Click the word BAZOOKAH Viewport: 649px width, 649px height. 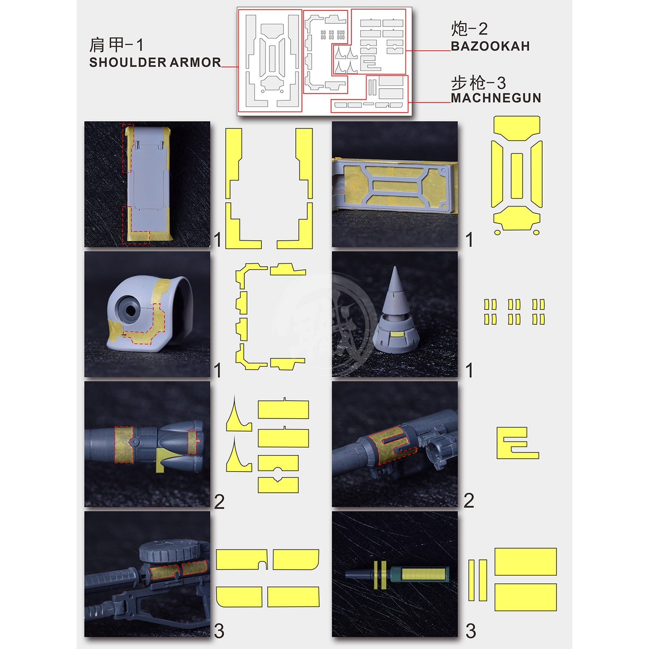tap(490, 46)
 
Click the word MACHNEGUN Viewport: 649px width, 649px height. tap(496, 98)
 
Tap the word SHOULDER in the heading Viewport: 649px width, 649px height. tap(128, 62)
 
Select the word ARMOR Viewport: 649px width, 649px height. tap(195, 62)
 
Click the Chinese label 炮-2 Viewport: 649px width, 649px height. tap(469, 29)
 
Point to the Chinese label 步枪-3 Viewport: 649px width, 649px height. tap(478, 83)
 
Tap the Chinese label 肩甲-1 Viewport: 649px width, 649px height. tap(116, 45)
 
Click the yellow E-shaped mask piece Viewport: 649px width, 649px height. tap(518, 443)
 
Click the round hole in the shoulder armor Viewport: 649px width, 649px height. tap(129, 309)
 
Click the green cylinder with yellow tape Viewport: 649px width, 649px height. tap(419, 574)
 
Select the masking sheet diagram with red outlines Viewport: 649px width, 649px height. tap(324, 61)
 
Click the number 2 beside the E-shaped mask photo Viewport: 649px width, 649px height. tap(469, 500)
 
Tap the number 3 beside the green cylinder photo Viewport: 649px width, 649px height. tap(471, 631)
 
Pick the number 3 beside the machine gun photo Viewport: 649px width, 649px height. tap(219, 631)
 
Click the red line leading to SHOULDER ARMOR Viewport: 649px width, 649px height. tap(230, 66)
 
